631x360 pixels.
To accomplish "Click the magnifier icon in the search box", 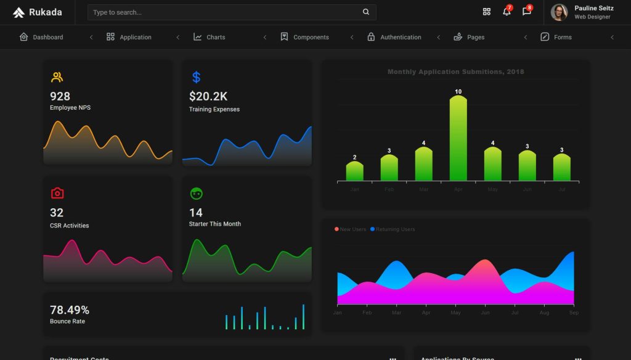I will [366, 12].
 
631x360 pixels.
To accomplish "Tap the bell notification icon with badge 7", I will [507, 12].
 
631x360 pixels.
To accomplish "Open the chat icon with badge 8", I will [526, 12].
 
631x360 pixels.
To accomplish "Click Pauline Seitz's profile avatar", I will [559, 12].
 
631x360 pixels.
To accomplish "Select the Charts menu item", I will [210, 37].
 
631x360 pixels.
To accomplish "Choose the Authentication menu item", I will [394, 37].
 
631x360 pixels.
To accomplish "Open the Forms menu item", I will [556, 37].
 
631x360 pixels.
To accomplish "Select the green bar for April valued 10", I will [458, 139].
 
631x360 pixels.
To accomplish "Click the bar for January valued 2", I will [354, 171].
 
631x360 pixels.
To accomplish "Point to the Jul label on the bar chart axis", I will [561, 189].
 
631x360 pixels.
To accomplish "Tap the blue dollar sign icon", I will [196, 77].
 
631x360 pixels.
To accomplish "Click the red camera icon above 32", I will [57, 193].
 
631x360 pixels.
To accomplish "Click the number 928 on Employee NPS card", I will [60, 96].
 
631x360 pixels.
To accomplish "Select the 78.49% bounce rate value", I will [70, 310].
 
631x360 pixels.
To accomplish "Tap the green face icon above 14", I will [196, 193].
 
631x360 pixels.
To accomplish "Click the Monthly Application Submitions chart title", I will [455, 72].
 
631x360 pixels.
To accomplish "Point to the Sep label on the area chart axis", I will [574, 313].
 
